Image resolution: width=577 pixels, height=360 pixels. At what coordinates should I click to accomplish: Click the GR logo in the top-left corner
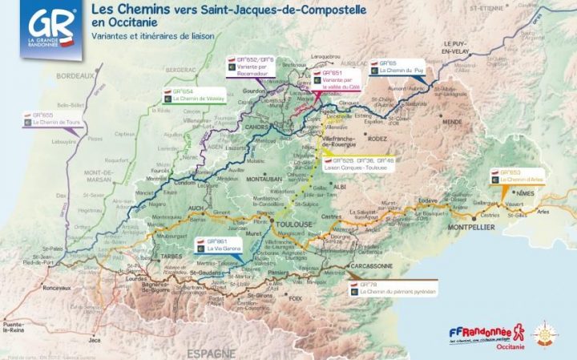click(50, 27)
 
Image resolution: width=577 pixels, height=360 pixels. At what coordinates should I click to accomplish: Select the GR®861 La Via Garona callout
click(223, 245)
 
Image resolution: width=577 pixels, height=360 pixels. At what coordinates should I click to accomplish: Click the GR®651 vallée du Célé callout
click(337, 77)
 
